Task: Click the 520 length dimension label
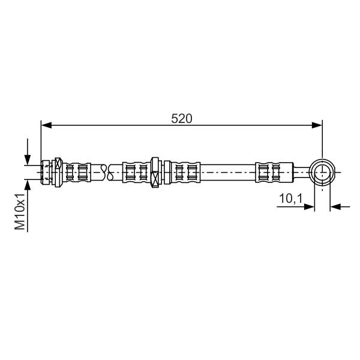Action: click(x=181, y=119)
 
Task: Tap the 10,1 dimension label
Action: click(x=291, y=199)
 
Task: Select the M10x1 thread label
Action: click(x=20, y=211)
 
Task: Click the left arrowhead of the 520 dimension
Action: click(x=46, y=125)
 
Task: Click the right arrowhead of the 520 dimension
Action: click(x=317, y=125)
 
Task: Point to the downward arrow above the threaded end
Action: click(x=28, y=152)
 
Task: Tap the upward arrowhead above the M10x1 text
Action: click(x=28, y=185)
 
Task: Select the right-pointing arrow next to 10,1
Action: click(x=295, y=207)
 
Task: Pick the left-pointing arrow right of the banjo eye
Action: click(x=340, y=207)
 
